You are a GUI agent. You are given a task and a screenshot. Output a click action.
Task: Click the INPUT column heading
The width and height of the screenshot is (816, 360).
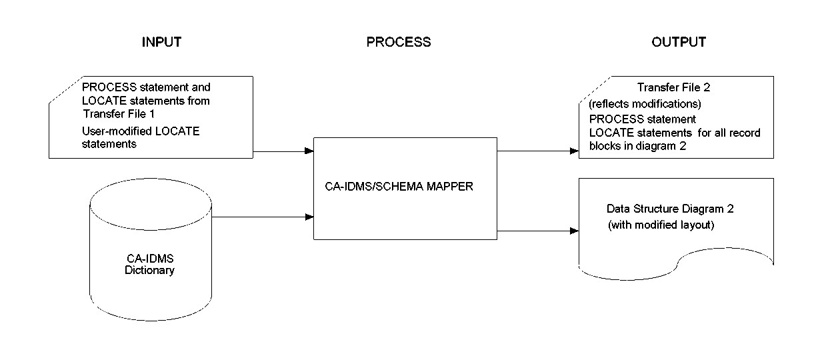[161, 42]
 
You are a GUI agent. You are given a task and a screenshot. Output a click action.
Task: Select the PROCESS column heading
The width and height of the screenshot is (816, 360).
[399, 42]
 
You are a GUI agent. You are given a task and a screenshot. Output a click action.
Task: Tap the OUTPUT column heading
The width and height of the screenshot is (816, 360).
[679, 42]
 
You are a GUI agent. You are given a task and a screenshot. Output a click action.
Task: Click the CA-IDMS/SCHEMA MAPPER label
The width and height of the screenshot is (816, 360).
[395, 187]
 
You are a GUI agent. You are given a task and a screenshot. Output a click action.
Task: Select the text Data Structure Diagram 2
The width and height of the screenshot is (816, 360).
[670, 209]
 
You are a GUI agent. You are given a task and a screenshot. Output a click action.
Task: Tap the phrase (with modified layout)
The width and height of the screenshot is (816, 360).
[661, 225]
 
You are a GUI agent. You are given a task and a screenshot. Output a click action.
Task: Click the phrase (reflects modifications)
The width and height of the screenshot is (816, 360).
[644, 104]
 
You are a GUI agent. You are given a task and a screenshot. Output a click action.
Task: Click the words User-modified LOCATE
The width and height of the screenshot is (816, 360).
[140, 132]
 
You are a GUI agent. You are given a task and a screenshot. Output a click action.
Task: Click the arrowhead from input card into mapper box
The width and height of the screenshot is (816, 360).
[310, 151]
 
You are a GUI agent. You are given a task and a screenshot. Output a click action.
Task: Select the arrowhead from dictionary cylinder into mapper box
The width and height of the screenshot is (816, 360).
[310, 217]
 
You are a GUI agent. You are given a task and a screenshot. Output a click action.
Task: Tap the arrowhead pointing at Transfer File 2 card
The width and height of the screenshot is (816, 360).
[574, 151]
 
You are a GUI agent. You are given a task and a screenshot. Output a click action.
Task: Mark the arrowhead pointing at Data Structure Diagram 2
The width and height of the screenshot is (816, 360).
[574, 231]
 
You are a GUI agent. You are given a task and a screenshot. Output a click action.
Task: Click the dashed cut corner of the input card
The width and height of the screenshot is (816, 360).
[65, 90]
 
